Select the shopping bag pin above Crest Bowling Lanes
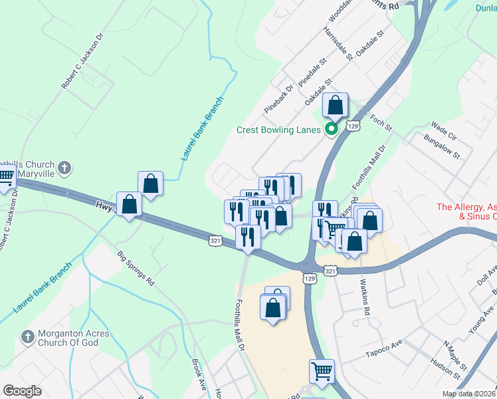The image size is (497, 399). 335,106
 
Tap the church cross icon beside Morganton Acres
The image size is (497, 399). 27,336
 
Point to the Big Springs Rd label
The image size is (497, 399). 136,268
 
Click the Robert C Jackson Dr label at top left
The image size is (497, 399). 83,63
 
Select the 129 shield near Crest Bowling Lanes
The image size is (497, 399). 353,126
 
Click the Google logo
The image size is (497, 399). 22,391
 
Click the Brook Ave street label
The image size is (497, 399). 199,374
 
